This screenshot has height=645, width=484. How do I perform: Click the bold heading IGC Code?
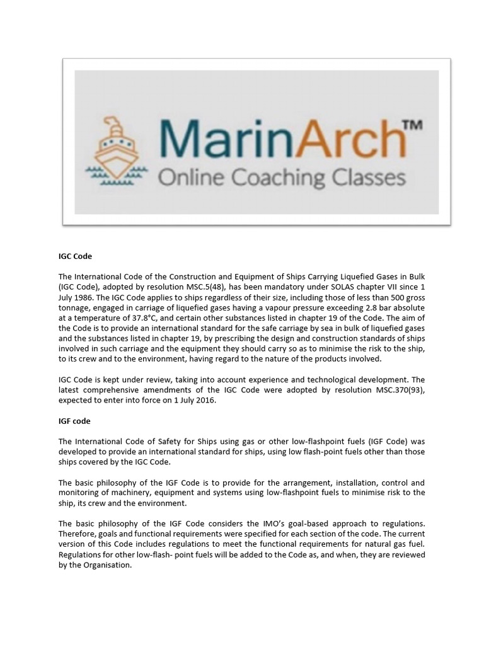(75, 257)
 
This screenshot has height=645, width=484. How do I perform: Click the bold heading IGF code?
(74, 421)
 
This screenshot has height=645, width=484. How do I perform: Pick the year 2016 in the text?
(204, 400)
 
